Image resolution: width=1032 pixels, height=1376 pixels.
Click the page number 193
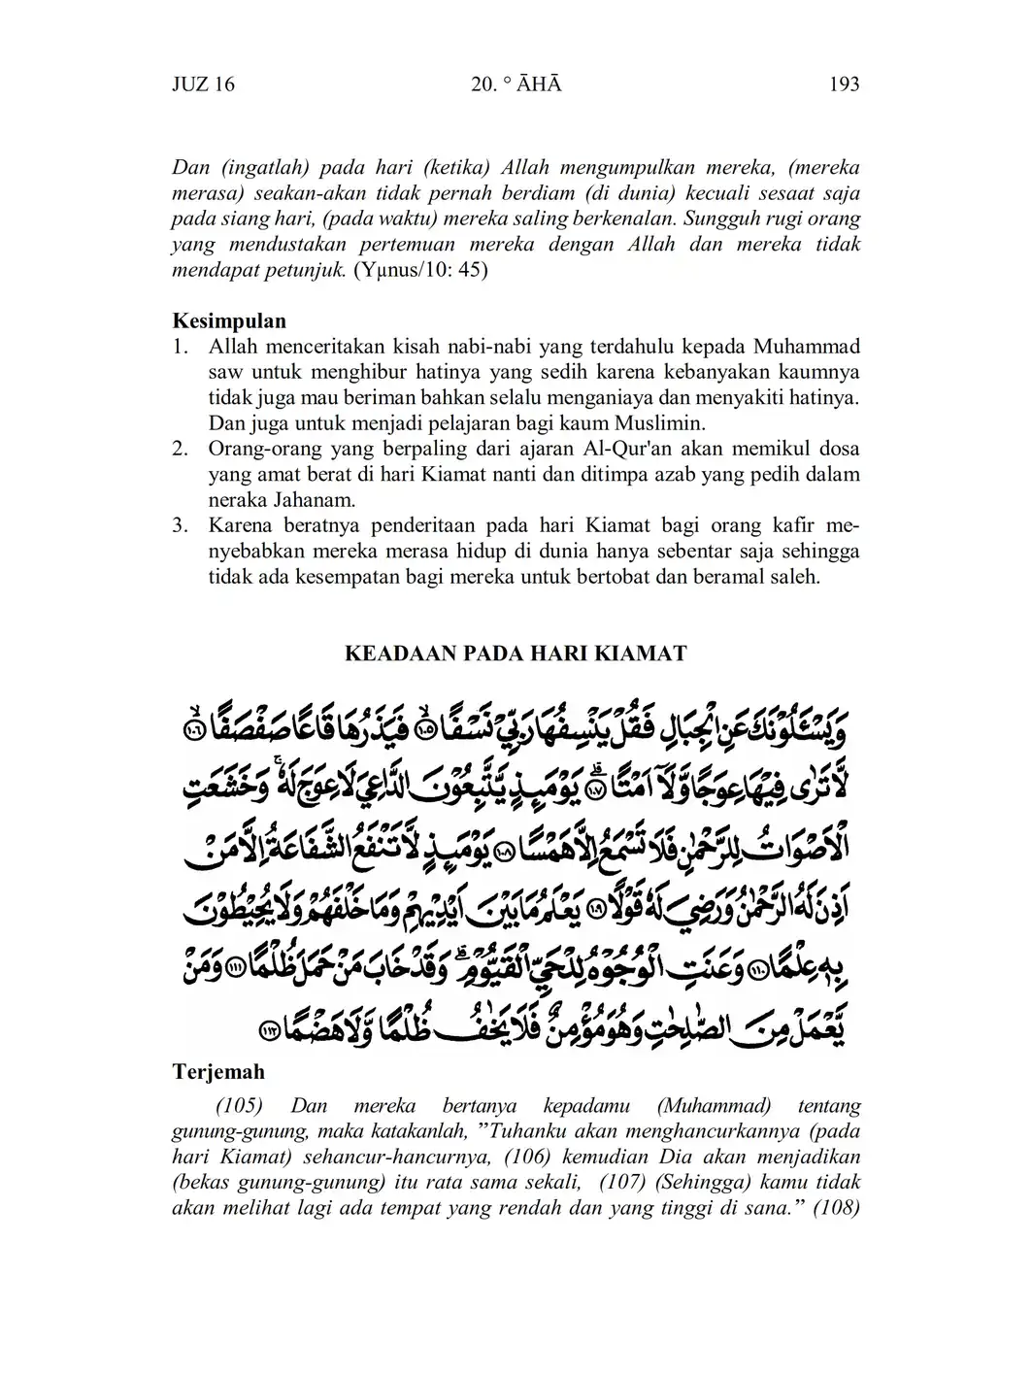pos(844,84)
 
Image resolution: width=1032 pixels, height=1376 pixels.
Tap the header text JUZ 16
pos(203,84)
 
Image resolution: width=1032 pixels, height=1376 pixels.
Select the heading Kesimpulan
pos(229,320)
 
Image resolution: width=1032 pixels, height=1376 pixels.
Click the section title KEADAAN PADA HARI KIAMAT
pos(516,654)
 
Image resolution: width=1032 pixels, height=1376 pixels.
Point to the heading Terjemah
pos(218,1072)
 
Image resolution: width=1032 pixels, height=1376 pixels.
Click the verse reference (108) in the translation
pos(835,1208)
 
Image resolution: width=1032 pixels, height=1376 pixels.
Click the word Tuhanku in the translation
pos(520,1131)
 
